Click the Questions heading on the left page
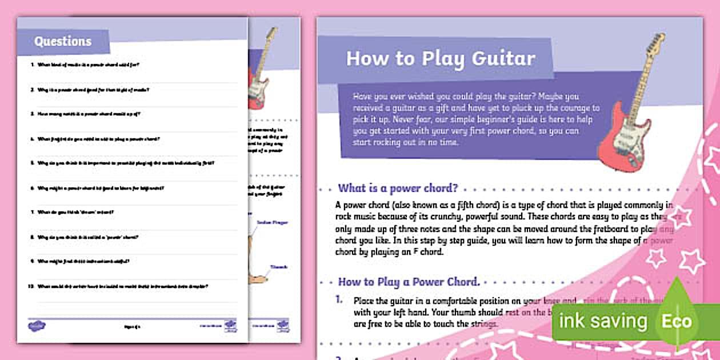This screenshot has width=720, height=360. (x=63, y=41)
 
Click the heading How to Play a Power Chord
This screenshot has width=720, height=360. (x=408, y=282)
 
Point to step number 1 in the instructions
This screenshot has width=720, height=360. (x=339, y=299)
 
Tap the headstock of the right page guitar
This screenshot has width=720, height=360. (x=657, y=43)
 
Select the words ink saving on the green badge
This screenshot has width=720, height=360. (x=602, y=321)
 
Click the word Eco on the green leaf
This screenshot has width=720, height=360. (x=677, y=321)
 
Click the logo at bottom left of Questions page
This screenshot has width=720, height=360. (x=36, y=326)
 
